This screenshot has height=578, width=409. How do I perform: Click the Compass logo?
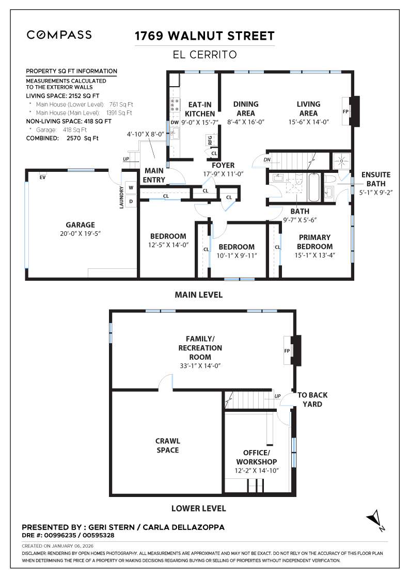click(x=59, y=35)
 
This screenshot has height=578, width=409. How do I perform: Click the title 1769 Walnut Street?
click(x=204, y=36)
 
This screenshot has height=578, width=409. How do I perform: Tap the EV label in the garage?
click(x=43, y=177)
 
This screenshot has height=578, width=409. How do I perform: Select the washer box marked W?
click(x=131, y=188)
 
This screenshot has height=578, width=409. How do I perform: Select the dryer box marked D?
click(x=131, y=201)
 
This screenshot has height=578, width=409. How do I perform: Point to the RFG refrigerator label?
click(x=210, y=140)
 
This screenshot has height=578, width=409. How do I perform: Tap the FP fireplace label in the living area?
click(x=345, y=111)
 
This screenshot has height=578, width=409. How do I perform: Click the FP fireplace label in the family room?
click(x=287, y=350)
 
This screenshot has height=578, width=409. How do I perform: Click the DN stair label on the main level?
click(x=266, y=160)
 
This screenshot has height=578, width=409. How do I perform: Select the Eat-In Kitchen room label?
click(x=199, y=108)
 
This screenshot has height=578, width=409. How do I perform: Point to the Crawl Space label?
click(x=168, y=445)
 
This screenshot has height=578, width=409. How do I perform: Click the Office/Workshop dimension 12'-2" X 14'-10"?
click(x=257, y=471)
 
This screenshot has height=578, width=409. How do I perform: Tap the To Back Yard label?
click(x=312, y=399)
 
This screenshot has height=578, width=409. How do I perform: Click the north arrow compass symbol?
click(x=375, y=520)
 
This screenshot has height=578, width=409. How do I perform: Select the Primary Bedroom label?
click(x=315, y=242)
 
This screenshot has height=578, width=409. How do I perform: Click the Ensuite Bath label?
click(x=375, y=179)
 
